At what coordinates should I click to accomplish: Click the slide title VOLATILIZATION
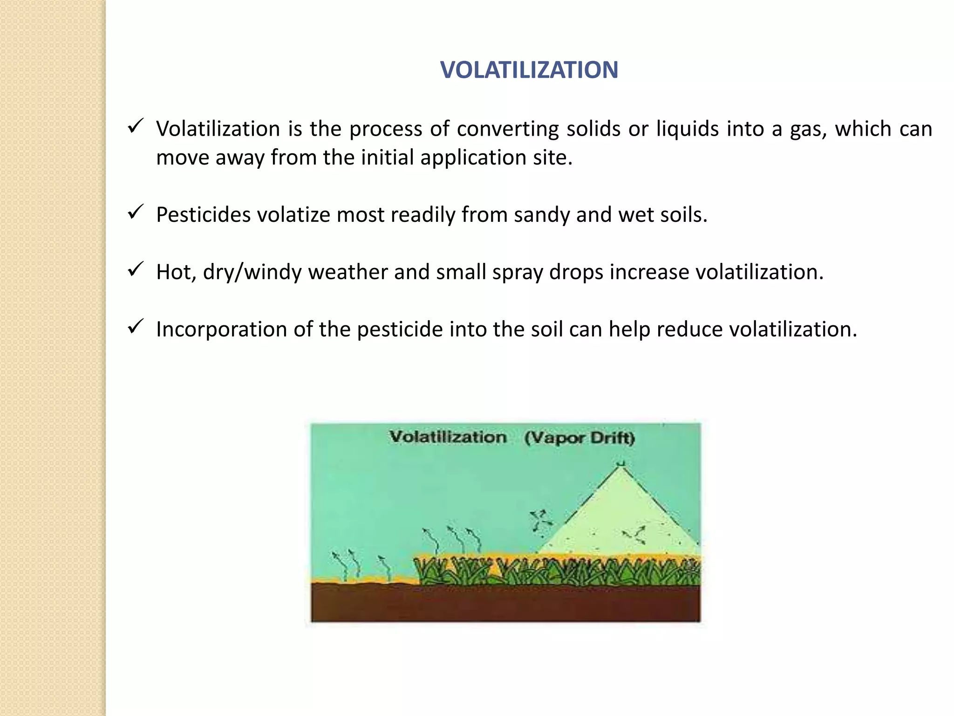[x=529, y=70]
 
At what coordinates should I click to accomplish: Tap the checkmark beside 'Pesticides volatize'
[x=135, y=213]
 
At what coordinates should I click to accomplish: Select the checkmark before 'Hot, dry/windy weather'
[x=135, y=270]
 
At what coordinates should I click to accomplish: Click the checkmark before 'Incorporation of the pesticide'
[x=135, y=327]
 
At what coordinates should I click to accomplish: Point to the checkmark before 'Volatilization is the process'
[x=135, y=127]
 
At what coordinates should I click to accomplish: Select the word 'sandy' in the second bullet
[x=542, y=215]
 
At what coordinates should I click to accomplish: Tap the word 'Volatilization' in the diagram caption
[x=448, y=437]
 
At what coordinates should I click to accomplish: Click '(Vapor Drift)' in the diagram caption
[x=579, y=438]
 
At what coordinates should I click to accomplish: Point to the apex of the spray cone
[x=620, y=465]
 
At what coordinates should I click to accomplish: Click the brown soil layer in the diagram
[x=505, y=603]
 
